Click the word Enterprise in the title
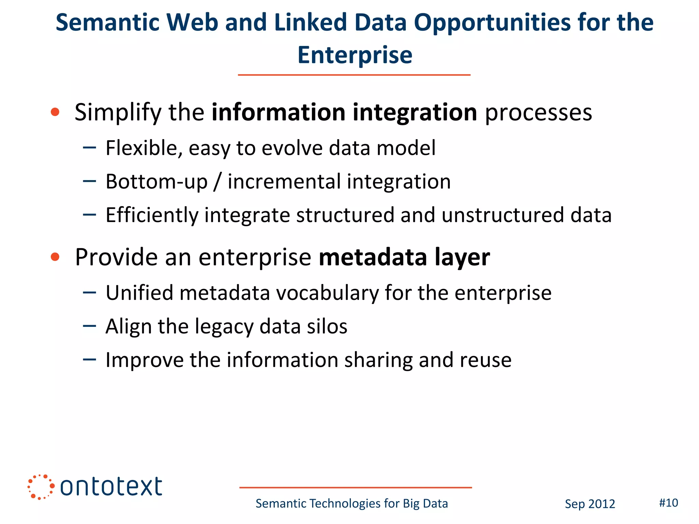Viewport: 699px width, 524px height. click(x=355, y=55)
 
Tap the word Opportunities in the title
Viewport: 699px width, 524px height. click(x=492, y=23)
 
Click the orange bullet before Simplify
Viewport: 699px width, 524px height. click(x=55, y=112)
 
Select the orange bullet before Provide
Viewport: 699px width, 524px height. click(x=55, y=257)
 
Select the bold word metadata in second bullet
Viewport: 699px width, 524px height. click(x=372, y=257)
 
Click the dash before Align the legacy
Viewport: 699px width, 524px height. click(x=89, y=326)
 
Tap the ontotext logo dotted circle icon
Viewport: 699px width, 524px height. click(x=41, y=487)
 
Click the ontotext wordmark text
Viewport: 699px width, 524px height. click(x=111, y=487)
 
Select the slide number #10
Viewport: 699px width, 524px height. click(x=668, y=503)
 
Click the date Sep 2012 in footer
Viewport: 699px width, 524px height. click(x=590, y=504)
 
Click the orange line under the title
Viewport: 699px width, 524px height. click(x=354, y=75)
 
